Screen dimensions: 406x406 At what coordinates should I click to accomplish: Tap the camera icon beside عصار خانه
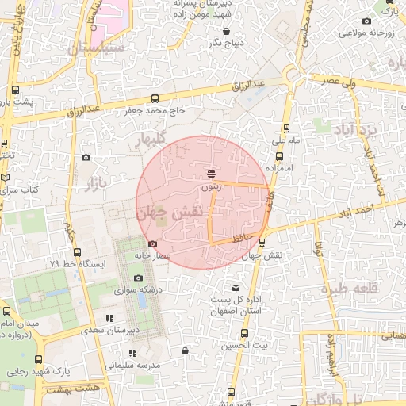152,243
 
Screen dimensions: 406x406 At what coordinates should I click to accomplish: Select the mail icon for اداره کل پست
235,287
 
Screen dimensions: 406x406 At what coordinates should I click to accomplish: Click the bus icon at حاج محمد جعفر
154,99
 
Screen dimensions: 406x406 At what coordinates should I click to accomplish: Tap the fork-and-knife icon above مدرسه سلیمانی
132,353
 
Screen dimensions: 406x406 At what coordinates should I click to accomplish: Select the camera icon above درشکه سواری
139,278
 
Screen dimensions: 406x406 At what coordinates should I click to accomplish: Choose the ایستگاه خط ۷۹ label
77,262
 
